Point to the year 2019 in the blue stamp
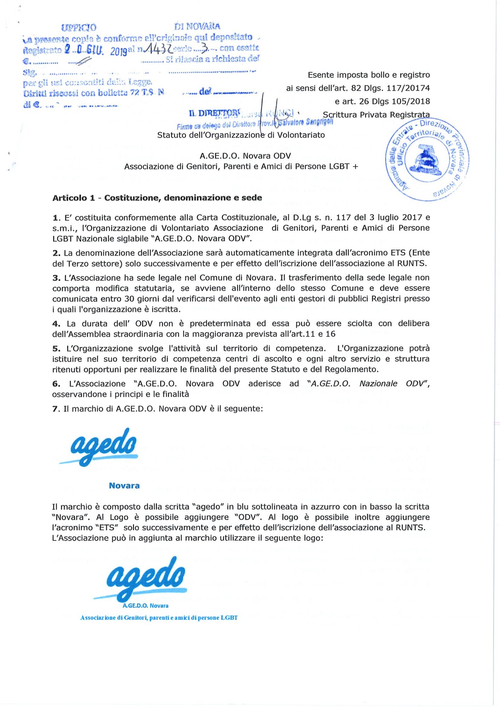point(118,52)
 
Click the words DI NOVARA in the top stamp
point(197,27)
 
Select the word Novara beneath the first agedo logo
point(124,486)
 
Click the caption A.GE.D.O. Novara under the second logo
point(145,606)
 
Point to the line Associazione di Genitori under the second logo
point(159,618)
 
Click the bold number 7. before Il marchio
point(56,409)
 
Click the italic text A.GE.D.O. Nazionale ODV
point(368,384)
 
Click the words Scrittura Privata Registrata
point(376,115)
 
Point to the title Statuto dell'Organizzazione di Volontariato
point(241,135)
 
